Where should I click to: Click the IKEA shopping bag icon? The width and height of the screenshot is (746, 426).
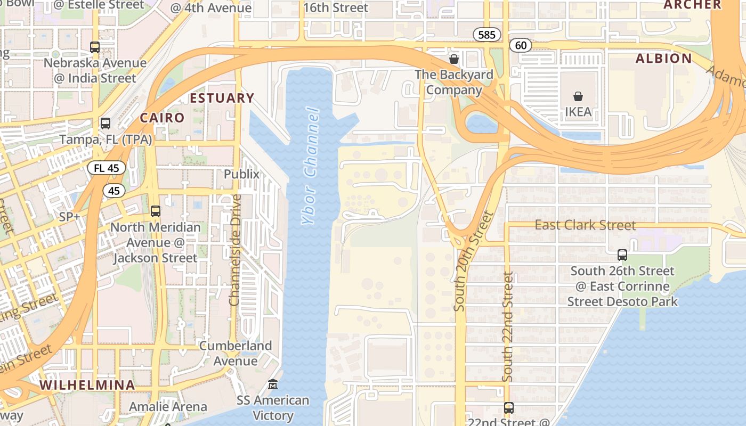pos(578,96)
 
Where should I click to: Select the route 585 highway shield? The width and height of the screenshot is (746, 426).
pos(487,35)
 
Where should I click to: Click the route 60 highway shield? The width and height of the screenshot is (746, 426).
pos(521,45)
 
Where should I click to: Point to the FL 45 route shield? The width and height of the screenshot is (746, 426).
pos(107,168)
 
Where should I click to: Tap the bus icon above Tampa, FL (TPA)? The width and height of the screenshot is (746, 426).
pos(106,124)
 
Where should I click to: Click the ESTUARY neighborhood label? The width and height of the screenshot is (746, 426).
pos(222,98)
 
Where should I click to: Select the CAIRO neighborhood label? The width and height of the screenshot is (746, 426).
pos(162,118)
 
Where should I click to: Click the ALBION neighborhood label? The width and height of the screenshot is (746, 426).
pos(663,59)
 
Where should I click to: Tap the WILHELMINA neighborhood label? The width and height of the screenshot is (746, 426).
pos(87,385)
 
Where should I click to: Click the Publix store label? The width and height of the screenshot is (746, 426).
pos(241,174)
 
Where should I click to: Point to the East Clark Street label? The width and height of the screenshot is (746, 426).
pos(585,225)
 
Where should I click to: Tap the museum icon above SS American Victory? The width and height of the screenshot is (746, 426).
pos(273,384)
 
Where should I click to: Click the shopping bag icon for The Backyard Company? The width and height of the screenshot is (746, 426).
pos(454,59)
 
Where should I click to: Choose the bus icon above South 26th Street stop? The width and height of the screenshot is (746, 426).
pos(622,255)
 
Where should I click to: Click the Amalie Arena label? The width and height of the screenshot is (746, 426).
pos(168,407)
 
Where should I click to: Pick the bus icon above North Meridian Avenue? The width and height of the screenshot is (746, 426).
pos(155,211)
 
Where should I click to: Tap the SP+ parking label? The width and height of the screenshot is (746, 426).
pos(70,217)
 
